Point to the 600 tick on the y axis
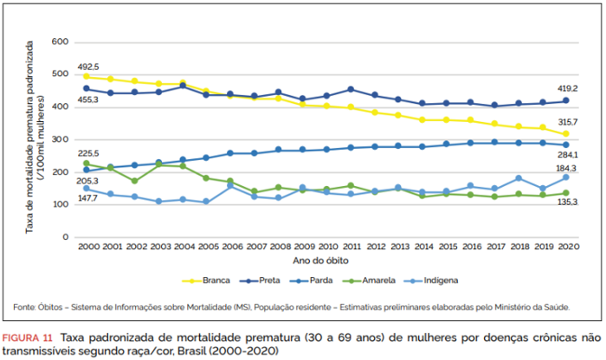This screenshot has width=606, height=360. pyautogui.click(x=60, y=42)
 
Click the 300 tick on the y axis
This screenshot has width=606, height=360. pyautogui.click(x=60, y=139)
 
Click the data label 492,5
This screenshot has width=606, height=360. pyautogui.click(x=89, y=67)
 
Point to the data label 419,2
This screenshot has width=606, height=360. pyautogui.click(x=568, y=88)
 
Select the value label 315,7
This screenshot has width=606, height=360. pyautogui.click(x=568, y=122)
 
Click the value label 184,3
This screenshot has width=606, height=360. pyautogui.click(x=568, y=168)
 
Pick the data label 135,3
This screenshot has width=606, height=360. pyautogui.click(x=568, y=202)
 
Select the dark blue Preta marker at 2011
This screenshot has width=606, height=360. pyautogui.click(x=350, y=89)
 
